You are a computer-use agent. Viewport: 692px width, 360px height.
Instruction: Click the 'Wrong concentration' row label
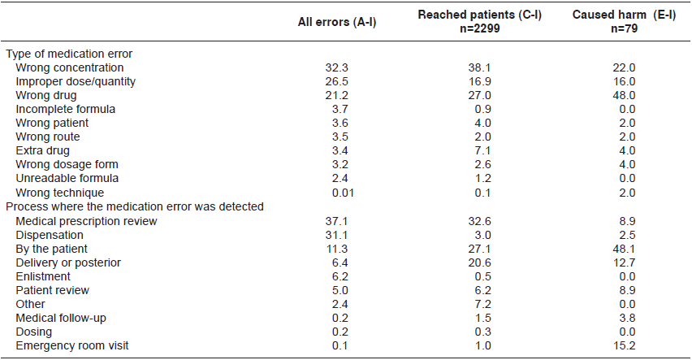70,67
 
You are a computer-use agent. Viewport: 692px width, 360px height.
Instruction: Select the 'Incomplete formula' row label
66,109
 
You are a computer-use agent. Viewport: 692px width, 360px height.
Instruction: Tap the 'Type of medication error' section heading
69,54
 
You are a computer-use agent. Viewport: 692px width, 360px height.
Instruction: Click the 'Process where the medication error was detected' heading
135,206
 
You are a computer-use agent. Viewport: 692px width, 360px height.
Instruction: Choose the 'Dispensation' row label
50,234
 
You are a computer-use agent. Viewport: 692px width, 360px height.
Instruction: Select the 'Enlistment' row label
44,276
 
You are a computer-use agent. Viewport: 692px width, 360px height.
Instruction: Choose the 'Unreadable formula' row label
67,179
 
